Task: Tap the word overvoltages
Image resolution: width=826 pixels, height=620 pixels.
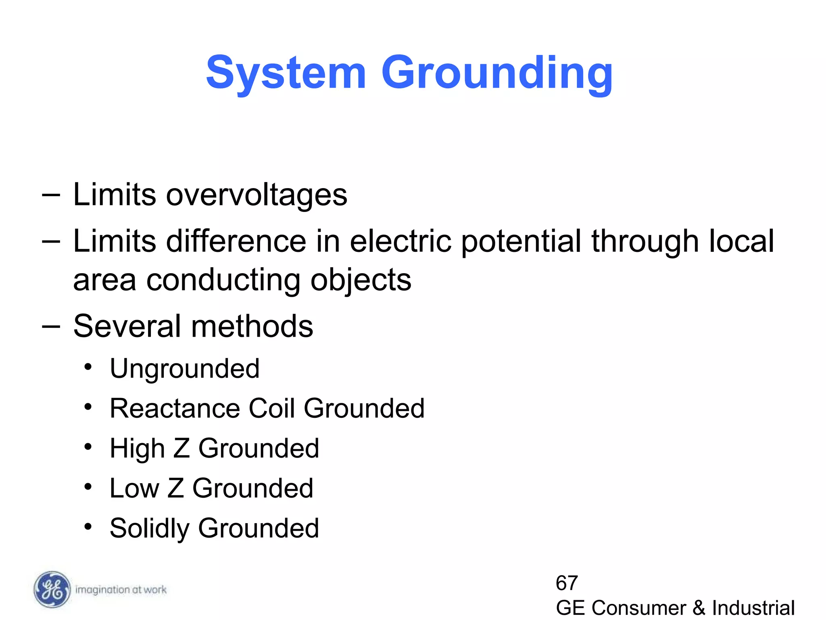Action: pos(257,195)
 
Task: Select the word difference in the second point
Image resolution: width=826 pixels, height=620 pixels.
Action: pos(236,241)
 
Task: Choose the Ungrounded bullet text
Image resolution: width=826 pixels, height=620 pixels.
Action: pos(185,369)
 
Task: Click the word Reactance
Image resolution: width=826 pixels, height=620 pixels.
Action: pos(175,408)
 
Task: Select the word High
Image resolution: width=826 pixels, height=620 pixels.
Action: pos(137,449)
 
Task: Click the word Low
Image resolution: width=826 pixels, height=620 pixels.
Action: pos(135,488)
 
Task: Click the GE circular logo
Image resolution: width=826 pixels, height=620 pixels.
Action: pos(52,590)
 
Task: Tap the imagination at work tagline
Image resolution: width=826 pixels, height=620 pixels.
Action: pos(121,590)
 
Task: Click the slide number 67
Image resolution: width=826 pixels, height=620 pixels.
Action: pos(567,583)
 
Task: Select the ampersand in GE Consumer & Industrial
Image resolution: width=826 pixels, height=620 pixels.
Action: pos(699,608)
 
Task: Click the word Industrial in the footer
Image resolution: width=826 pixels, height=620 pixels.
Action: pos(753,608)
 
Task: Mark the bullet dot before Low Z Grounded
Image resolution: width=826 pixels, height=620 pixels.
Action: pos(88,487)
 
